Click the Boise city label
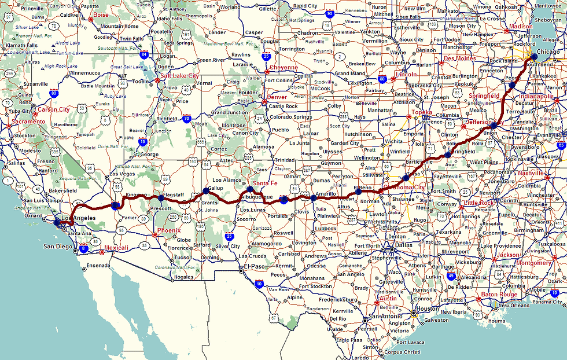point(101,15)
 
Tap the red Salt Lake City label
point(180,75)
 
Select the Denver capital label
point(277,97)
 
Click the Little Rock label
point(479,203)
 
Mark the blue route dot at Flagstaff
point(161,199)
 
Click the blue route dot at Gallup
point(205,190)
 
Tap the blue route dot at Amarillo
point(313,198)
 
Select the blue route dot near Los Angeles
point(56,222)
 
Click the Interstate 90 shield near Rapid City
point(329,12)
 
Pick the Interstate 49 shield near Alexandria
point(451,277)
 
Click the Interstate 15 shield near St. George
point(143,141)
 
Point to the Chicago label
point(548,52)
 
